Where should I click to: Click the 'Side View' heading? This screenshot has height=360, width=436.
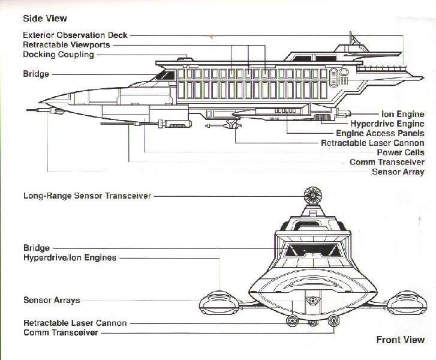[x=45, y=19]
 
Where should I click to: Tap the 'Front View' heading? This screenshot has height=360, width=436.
[x=401, y=340]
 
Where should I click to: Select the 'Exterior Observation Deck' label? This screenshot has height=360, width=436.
[x=75, y=35]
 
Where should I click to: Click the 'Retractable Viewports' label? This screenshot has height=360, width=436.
[x=67, y=45]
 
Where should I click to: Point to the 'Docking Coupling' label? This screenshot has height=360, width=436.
[x=58, y=54]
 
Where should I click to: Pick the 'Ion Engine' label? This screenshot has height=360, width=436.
[x=403, y=114]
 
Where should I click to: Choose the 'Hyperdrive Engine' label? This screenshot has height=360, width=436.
[x=387, y=124]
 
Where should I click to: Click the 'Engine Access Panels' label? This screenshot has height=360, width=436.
[x=380, y=133]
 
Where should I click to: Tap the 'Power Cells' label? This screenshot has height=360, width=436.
[x=401, y=152]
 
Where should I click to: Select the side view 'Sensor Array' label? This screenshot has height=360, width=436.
[x=398, y=172]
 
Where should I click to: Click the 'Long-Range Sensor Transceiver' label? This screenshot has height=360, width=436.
[x=87, y=196]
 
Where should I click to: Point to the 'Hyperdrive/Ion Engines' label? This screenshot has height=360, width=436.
[x=70, y=257]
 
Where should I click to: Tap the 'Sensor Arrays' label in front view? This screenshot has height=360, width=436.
[x=52, y=300]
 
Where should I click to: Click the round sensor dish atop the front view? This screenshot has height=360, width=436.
[x=313, y=196]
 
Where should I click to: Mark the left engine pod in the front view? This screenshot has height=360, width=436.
[x=219, y=303]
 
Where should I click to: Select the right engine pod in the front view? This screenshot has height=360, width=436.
[x=407, y=303]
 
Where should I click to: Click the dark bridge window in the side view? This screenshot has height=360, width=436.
[x=165, y=75]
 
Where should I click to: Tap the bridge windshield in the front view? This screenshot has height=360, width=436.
[x=313, y=250]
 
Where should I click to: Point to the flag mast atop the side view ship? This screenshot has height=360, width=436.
[x=353, y=38]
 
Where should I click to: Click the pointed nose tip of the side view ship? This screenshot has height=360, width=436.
[x=40, y=102]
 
